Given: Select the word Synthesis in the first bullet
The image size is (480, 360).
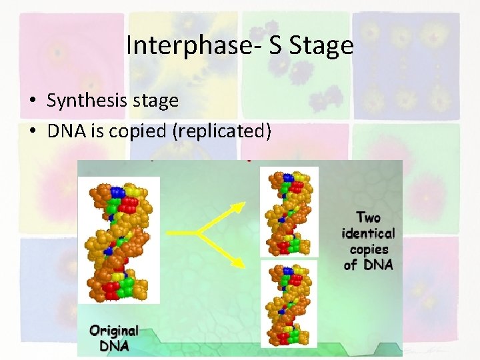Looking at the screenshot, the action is (83, 101).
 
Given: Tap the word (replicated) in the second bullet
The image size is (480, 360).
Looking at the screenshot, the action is (221, 131).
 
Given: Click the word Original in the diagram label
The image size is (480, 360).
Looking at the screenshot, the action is (115, 331).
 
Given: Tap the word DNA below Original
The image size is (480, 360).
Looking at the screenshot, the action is (115, 346).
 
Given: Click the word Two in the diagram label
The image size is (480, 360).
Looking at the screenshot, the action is (369, 217).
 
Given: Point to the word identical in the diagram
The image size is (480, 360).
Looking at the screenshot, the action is (369, 233).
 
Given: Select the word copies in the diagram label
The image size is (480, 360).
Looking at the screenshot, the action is (369, 249).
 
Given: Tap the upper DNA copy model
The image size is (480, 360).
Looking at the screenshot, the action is (289, 211).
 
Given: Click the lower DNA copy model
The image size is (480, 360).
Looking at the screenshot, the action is (289, 303).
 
